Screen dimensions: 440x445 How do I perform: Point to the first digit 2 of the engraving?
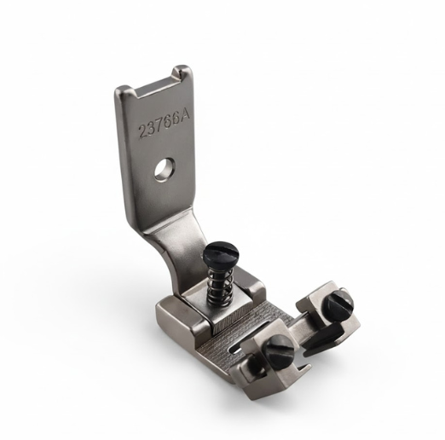pos(141,134)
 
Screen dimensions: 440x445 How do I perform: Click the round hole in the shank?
pos(162,170)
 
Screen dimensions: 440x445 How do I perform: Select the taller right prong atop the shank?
pos(181,75)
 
